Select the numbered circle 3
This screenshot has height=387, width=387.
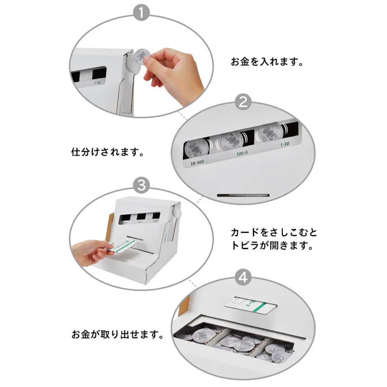[142, 185]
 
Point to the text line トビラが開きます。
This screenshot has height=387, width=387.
[272, 245]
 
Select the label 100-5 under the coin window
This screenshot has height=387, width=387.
[243, 155]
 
